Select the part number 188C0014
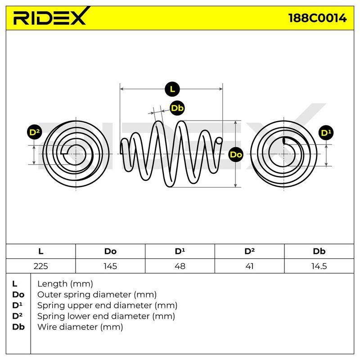[317, 18]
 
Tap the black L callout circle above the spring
[172, 89]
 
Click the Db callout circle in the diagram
[177, 108]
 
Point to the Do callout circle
[236, 154]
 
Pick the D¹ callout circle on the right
[326, 133]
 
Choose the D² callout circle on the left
[35, 132]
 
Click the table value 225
[40, 266]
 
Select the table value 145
[110, 266]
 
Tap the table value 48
[180, 266]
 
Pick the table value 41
[249, 266]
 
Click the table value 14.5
[319, 266]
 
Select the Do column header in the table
[110, 251]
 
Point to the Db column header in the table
[319, 251]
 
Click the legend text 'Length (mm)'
[65, 284]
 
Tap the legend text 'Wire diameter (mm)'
[80, 327]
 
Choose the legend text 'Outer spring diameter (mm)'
[97, 295]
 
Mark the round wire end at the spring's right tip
[219, 140]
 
